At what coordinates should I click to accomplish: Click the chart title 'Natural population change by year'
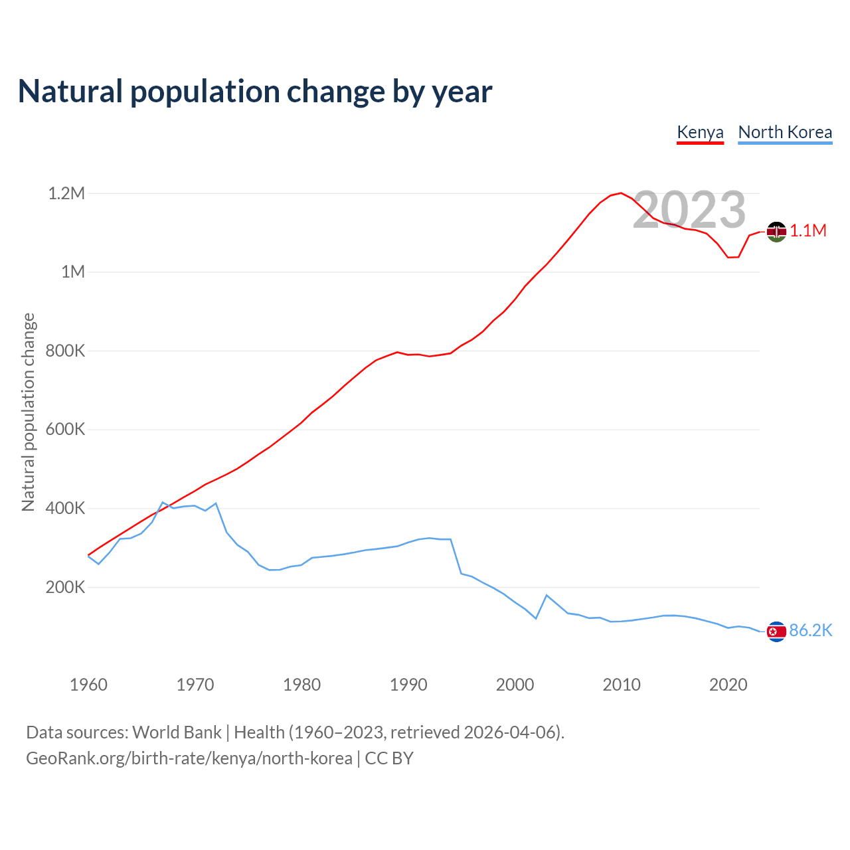pyautogui.click(x=255, y=92)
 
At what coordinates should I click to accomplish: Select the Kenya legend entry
pyautogui.click(x=700, y=132)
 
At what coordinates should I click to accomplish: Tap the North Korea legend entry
pyautogui.click(x=785, y=132)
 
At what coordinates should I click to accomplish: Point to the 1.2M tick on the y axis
pyautogui.click(x=66, y=193)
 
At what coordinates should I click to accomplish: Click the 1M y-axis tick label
pyautogui.click(x=73, y=272)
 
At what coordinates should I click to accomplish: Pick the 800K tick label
pyautogui.click(x=65, y=351)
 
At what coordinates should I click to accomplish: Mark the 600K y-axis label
pyautogui.click(x=65, y=429)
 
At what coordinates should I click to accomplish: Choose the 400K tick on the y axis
pyautogui.click(x=65, y=508)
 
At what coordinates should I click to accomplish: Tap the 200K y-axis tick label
pyautogui.click(x=65, y=587)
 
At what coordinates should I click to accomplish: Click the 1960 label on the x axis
pyautogui.click(x=88, y=685)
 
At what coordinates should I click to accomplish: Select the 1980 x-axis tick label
pyautogui.click(x=301, y=685)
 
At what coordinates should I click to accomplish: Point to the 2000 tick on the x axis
pyautogui.click(x=515, y=685)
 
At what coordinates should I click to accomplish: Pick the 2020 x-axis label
pyautogui.click(x=728, y=685)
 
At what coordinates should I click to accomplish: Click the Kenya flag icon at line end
pyautogui.click(x=776, y=232)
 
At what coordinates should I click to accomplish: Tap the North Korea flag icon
pyautogui.click(x=776, y=632)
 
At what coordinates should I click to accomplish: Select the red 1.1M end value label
pyautogui.click(x=808, y=231)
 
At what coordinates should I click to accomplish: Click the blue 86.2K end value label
pyautogui.click(x=810, y=631)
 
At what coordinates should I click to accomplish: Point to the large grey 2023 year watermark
pyautogui.click(x=689, y=210)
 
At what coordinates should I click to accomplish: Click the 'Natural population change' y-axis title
pyautogui.click(x=29, y=412)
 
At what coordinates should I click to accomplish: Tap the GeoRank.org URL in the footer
pyautogui.click(x=189, y=758)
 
